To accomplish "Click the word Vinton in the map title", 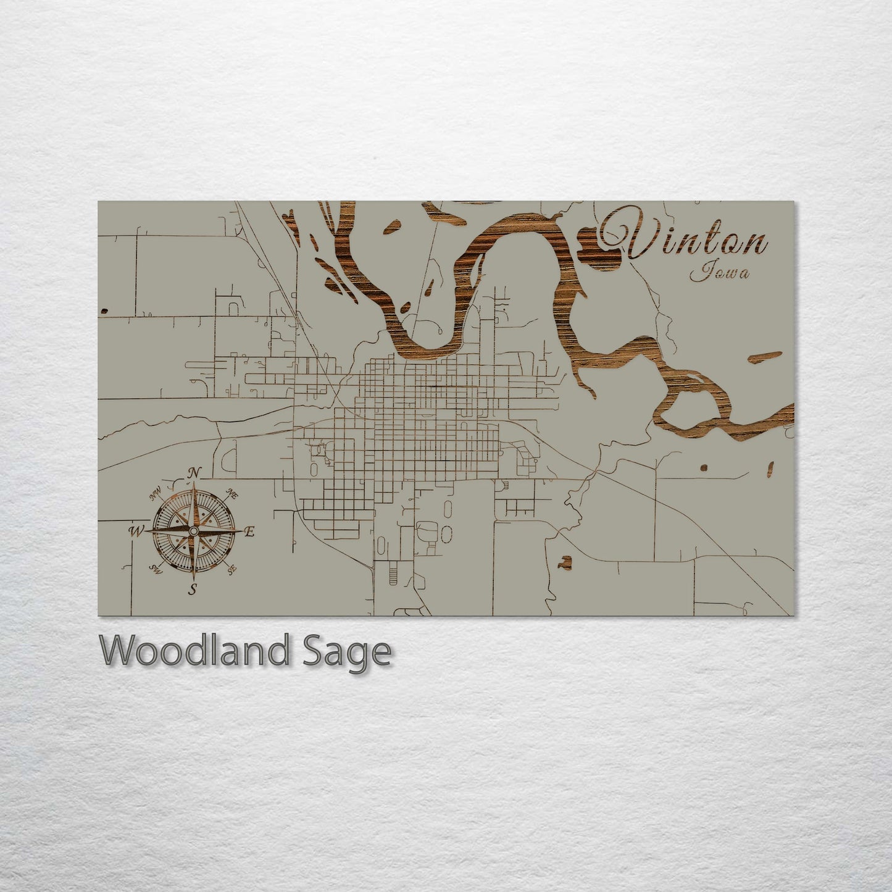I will [685, 238].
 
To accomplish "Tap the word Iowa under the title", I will [720, 272].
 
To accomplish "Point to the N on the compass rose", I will [194, 473].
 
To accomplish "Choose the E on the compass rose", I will [249, 531].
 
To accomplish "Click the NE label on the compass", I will [233, 493].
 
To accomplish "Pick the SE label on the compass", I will [232, 570].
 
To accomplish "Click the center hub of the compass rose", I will [194, 531].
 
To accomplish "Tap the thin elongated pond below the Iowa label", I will [764, 357].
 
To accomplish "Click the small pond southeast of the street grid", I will [564, 562].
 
